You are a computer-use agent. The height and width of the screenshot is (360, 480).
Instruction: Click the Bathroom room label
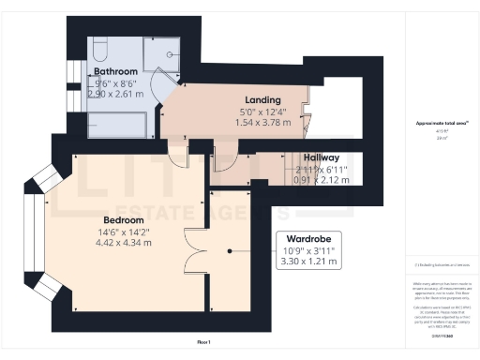115,71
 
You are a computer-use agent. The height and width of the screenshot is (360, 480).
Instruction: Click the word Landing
263,99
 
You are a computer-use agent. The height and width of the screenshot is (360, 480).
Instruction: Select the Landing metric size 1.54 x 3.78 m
263,123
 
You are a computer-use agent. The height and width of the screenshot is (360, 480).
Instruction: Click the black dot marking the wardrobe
231,251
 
